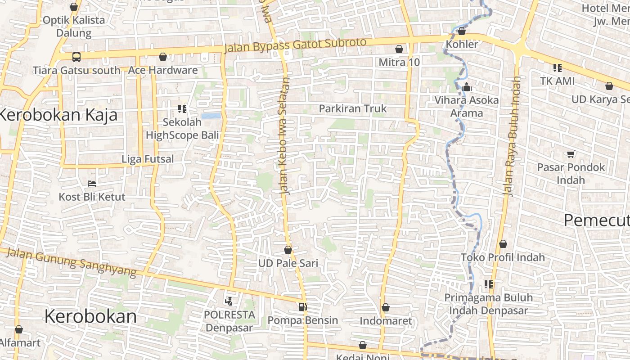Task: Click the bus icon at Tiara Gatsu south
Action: click(76, 57)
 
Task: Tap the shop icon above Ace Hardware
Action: click(163, 57)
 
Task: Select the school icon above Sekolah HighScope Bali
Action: click(182, 108)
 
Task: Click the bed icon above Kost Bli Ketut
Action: click(92, 183)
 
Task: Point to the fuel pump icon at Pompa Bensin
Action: click(303, 307)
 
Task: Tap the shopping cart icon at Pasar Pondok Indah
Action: click(571, 154)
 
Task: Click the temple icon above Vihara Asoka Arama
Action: click(467, 86)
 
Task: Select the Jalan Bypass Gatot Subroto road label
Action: click(295, 45)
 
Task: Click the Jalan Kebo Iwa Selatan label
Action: click(285, 135)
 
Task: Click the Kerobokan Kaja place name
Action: click(58, 115)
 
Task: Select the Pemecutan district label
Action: click(596, 220)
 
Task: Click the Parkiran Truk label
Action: click(353, 108)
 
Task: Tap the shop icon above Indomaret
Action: click(386, 307)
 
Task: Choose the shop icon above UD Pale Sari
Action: click(288, 249)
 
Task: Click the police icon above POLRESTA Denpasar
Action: click(229, 301)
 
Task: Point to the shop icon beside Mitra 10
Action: click(399, 49)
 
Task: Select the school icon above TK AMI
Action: click(558, 68)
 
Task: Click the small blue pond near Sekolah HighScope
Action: click(211, 116)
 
